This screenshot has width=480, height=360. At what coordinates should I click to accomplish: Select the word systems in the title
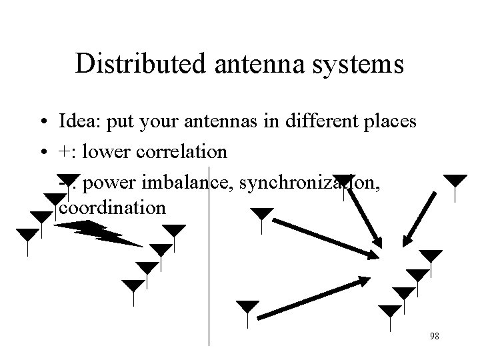(360, 64)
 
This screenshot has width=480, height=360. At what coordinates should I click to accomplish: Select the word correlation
(183, 152)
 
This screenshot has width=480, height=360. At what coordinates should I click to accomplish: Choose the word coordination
(112, 207)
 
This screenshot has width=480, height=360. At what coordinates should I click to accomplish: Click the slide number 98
(435, 336)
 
